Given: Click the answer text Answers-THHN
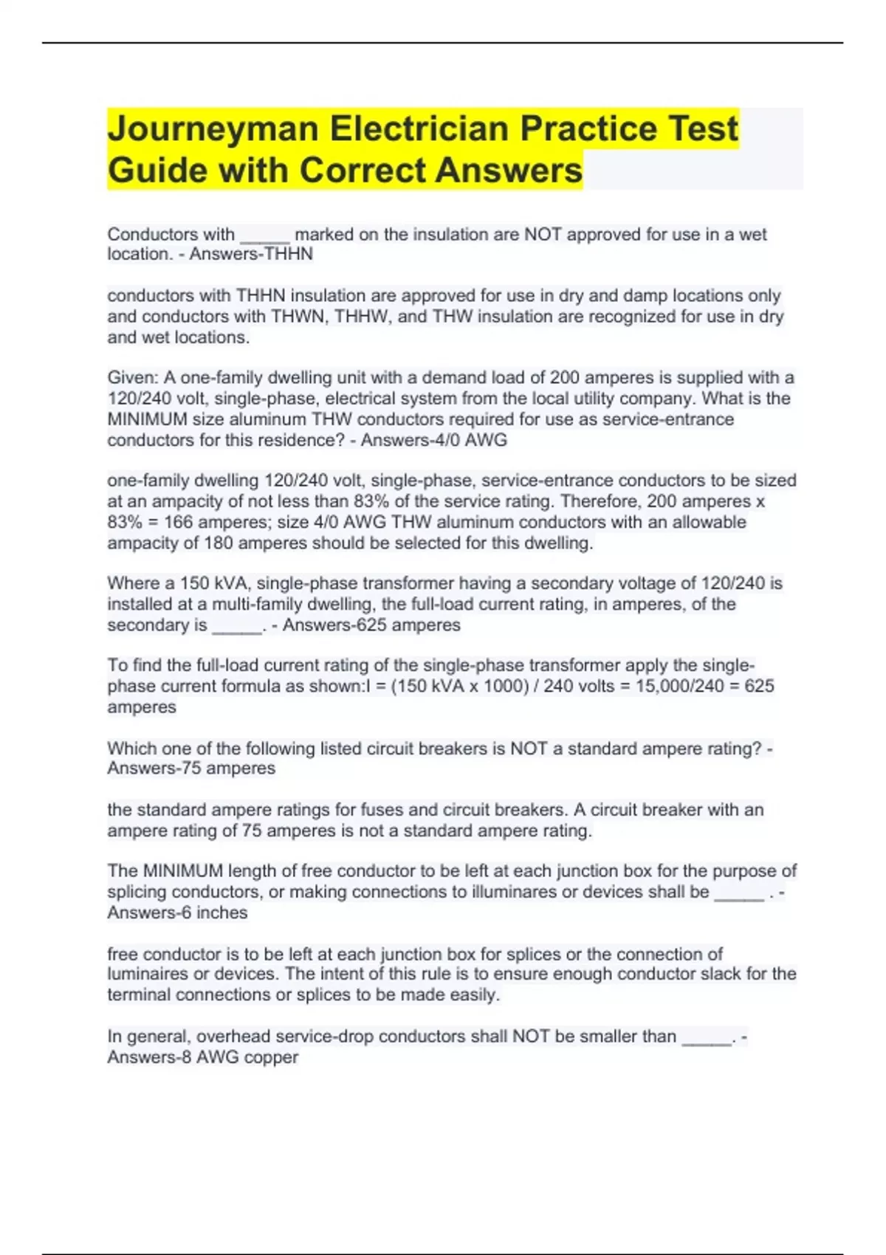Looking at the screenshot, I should click(x=251, y=254).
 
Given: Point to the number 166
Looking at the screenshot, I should click(x=178, y=523).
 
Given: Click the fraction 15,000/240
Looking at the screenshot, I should click(x=678, y=687).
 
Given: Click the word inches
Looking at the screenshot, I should click(x=222, y=913).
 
